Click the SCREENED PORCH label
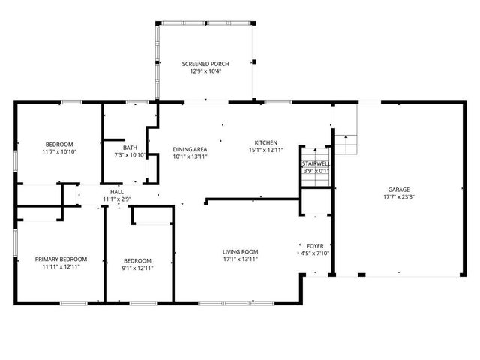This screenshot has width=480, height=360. point(205,64)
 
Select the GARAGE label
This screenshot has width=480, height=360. point(398,190)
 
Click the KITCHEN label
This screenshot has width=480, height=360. point(266,142)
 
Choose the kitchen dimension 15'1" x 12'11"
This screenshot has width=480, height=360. point(266,150)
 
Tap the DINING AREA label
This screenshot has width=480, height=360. point(190,149)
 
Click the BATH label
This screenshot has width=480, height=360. point(130,148)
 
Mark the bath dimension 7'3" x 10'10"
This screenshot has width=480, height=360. point(130,156)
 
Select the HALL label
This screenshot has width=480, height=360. point(117,192)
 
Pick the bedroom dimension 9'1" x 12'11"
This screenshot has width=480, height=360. point(138,268)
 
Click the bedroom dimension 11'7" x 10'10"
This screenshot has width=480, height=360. point(59,152)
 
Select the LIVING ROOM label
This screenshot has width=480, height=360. point(240,251)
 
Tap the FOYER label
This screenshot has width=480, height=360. point(315,245)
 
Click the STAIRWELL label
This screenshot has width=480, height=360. point(316,163)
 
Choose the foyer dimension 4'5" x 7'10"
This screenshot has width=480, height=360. point(315,253)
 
